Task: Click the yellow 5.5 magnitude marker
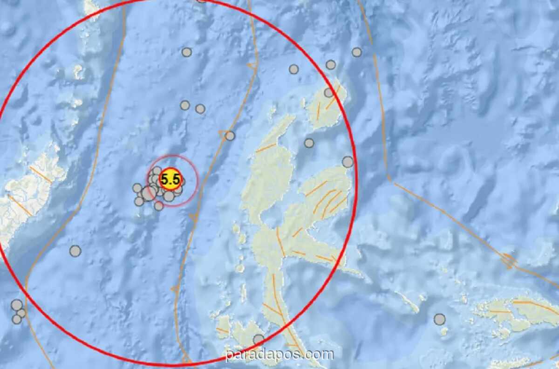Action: (170, 179)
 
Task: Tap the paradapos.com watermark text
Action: (279, 355)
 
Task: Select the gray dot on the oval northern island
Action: (329, 93)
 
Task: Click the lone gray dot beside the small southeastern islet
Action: (439, 319)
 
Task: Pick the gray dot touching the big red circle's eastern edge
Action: (348, 162)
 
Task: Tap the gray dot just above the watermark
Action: (259, 340)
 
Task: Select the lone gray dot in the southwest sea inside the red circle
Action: (75, 251)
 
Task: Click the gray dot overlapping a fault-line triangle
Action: (230, 136)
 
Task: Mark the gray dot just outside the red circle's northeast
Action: (357, 52)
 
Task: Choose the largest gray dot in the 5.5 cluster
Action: (149, 193)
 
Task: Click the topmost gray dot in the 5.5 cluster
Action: (157, 171)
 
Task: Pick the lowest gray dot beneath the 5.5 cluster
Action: (159, 205)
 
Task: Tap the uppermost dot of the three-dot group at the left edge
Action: (17, 305)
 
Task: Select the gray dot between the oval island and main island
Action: (309, 143)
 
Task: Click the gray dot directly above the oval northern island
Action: (331, 65)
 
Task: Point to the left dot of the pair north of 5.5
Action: (185, 105)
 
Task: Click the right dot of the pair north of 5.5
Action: (200, 109)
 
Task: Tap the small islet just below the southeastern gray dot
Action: (444, 331)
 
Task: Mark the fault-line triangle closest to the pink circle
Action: (193, 217)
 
